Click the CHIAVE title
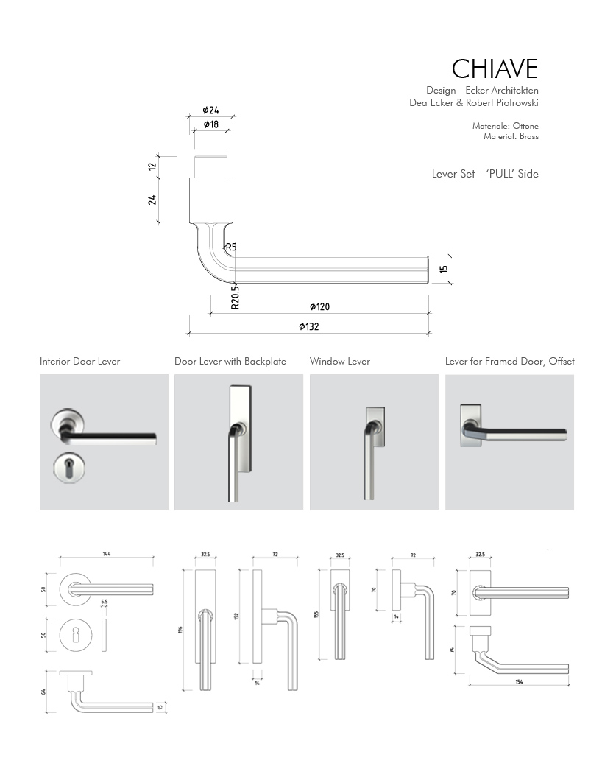494,68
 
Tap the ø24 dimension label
212,110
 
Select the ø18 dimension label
211,124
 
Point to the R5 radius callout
230,247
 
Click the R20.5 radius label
235,296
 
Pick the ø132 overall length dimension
308,326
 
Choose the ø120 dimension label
319,306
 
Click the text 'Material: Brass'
511,136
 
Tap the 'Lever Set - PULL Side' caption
485,174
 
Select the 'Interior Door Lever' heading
79,361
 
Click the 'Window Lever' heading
339,361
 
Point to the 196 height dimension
181,629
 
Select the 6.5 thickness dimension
104,602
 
